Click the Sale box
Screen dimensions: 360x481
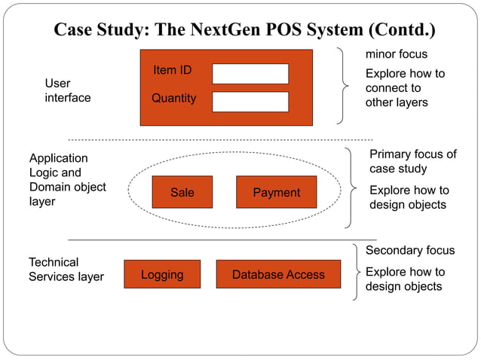(x=182, y=193)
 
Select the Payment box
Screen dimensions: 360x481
(x=276, y=193)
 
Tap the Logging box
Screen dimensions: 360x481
(x=162, y=275)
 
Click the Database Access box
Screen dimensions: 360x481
(x=278, y=275)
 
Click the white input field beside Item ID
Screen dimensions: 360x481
(x=250, y=74)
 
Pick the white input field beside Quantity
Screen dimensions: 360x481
(x=250, y=102)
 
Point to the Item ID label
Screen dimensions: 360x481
(x=173, y=71)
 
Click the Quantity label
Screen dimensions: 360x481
(x=173, y=98)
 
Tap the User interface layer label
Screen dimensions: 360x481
(x=67, y=90)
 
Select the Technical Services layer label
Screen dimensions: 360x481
(x=66, y=270)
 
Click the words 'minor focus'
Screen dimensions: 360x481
(x=397, y=54)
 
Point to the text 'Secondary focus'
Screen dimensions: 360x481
(x=410, y=250)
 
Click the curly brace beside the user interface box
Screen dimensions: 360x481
(x=346, y=84)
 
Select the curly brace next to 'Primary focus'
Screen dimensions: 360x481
(x=352, y=187)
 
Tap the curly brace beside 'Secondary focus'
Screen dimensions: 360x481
(x=356, y=272)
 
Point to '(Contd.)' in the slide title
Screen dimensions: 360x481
(x=402, y=30)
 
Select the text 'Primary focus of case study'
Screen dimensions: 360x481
(x=412, y=161)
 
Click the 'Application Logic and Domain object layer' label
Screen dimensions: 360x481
(x=67, y=180)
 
